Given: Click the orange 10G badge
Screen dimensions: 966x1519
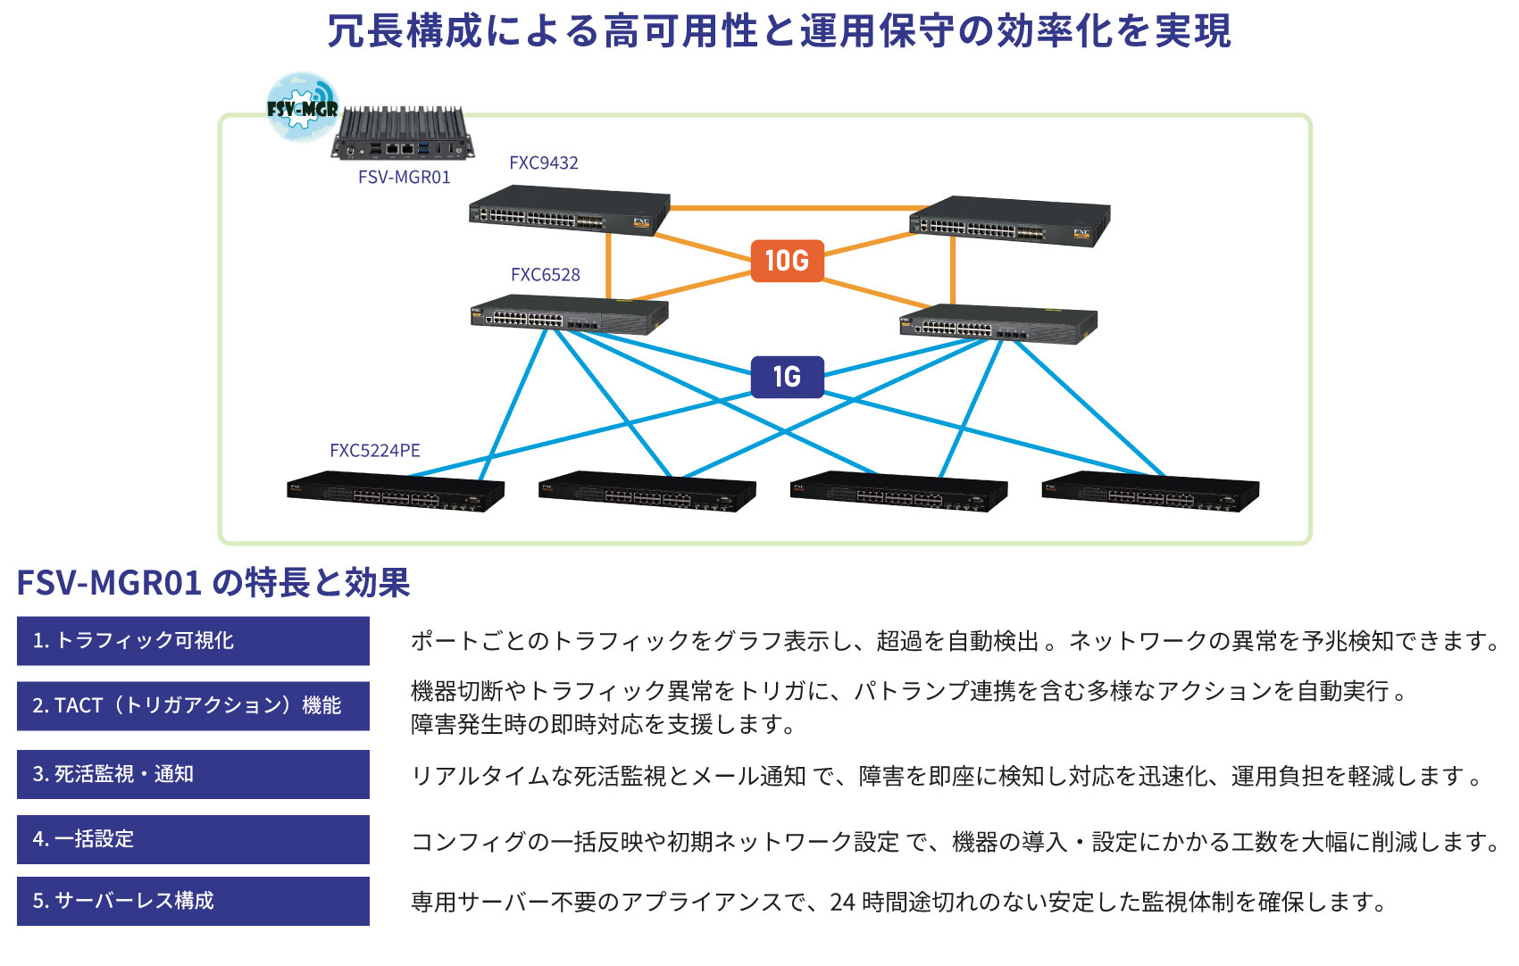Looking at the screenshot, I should (787, 261).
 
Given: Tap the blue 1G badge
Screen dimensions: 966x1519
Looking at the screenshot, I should (787, 377).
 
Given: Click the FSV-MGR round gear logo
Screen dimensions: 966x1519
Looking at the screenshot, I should (303, 107).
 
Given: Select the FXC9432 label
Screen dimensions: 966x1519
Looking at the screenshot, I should (543, 163).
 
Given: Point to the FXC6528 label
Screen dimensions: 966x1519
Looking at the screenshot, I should (545, 275).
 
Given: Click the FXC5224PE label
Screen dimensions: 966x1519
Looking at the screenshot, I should (374, 451).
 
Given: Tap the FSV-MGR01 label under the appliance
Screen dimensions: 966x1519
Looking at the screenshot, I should (404, 177).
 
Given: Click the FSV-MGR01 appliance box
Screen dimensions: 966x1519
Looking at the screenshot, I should (402, 135).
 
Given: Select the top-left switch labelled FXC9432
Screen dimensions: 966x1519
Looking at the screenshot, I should (569, 211).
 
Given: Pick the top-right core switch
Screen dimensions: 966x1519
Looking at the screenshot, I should (1009, 221).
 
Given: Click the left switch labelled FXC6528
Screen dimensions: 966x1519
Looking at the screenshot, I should (569, 314).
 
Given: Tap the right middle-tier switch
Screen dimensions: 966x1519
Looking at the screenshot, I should (997, 324).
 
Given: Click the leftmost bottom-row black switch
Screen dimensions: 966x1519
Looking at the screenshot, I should (395, 492).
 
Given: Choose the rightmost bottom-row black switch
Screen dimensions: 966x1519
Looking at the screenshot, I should (1150, 492).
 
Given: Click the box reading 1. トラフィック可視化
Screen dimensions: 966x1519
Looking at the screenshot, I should (193, 641).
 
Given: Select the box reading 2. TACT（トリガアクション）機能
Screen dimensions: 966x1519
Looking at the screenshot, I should (193, 706).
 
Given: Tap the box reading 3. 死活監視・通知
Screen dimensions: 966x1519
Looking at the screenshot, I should (193, 774).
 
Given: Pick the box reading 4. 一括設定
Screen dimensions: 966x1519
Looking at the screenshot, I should (193, 839).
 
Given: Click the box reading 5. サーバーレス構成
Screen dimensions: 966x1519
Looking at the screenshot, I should (193, 901).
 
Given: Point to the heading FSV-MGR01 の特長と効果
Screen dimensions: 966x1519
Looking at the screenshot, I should (213, 583).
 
